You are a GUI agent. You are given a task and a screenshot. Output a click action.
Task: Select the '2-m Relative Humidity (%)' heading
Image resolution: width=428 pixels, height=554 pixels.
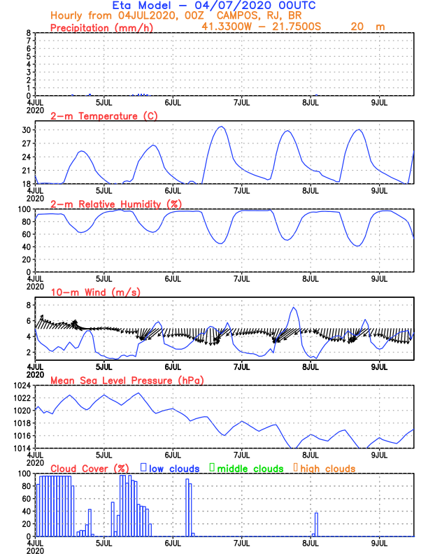click(x=115, y=204)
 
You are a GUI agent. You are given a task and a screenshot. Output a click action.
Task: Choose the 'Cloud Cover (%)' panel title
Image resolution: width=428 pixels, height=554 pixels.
click(x=90, y=468)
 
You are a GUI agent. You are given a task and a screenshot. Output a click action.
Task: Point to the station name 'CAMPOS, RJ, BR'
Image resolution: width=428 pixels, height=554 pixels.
click(x=250, y=15)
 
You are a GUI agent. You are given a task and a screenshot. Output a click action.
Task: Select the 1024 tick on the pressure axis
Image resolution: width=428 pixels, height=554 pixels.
click(x=22, y=385)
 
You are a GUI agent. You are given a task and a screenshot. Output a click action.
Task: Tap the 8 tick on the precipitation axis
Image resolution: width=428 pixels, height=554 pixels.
click(x=29, y=33)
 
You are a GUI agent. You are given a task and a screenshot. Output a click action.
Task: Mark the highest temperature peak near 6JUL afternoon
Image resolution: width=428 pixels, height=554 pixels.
click(x=220, y=127)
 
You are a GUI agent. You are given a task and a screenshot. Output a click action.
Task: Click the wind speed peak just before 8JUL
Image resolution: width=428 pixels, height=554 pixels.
click(x=294, y=308)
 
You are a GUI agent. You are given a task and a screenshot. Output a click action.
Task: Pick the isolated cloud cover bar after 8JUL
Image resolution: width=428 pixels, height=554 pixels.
click(x=316, y=523)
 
